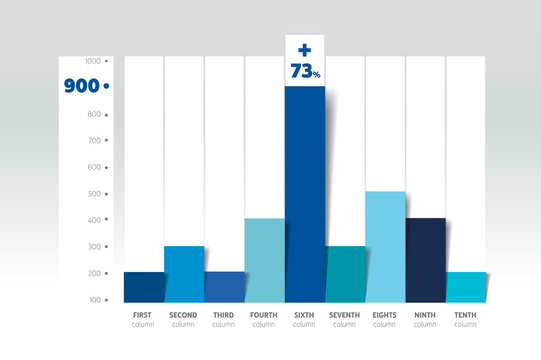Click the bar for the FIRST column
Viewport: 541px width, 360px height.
[x=144, y=287]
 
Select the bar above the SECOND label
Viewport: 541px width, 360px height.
[x=184, y=274]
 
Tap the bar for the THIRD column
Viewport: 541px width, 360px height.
[x=224, y=287]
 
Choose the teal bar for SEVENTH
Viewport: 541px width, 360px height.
[x=345, y=274]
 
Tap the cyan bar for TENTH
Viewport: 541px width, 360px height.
[x=465, y=287]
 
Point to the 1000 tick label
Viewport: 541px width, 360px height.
[x=92, y=61]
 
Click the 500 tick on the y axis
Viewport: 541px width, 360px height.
[x=93, y=194]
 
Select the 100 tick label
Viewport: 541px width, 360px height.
[x=93, y=300]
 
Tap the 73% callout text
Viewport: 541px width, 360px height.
[x=306, y=71]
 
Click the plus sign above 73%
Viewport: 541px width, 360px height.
[x=305, y=49]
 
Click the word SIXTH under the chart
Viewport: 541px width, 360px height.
[x=304, y=315]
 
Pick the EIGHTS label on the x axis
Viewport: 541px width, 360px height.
[x=385, y=315]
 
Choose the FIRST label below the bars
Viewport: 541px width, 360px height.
[x=143, y=315]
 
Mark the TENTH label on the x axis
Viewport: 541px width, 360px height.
[x=465, y=315]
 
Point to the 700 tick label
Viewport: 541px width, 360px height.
[x=93, y=141]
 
